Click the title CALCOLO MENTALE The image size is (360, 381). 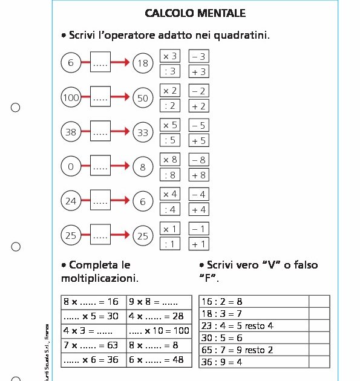tap(195, 13)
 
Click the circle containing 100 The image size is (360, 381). tap(71, 97)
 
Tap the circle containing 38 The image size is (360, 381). tap(71, 132)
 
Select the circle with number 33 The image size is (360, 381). tap(143, 132)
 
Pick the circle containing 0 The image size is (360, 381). tap(71, 167)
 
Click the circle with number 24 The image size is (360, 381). tap(71, 201)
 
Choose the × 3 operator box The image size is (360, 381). tap(171, 56)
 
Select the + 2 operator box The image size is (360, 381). tap(198, 106)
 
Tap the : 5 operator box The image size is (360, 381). tap(171, 140)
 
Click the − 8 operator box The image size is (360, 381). tap(198, 160)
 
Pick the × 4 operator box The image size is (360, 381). tap(171, 194)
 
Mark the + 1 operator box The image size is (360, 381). tap(198, 244)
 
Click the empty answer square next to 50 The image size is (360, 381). tap(100, 97)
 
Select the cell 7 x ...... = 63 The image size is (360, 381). tap(93, 345)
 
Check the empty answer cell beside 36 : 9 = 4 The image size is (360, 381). tap(319, 362)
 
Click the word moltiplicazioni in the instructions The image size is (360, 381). tap(100, 279)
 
